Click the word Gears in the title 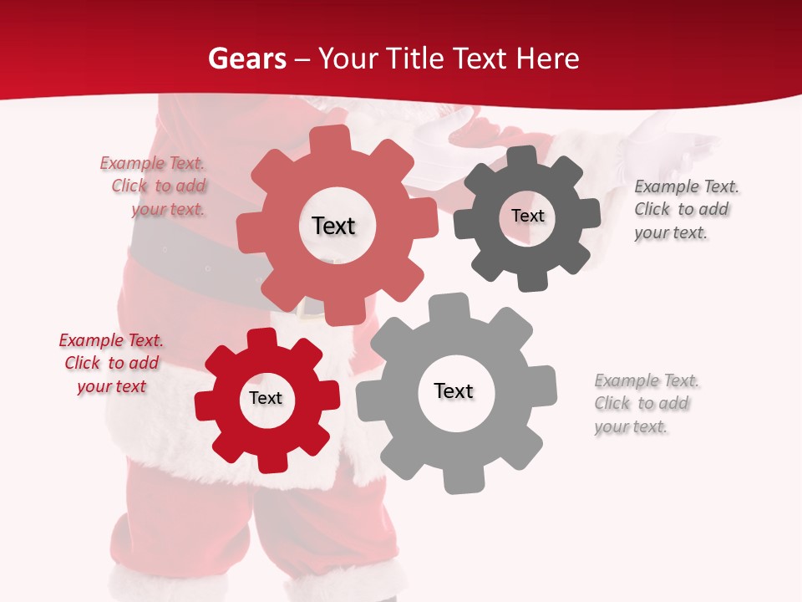pos(246,59)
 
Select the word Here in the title pos(548,59)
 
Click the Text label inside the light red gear pos(333,226)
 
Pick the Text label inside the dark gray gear pos(527,216)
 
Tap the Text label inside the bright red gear pos(266,398)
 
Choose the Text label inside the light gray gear pos(454,390)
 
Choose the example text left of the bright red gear pos(111,363)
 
